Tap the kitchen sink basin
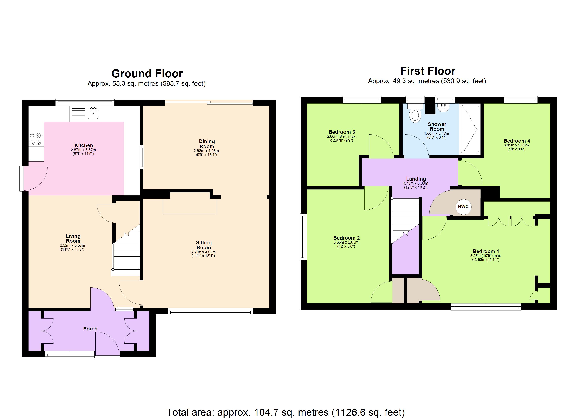pos(93,113)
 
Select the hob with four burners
pos(36,139)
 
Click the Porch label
pos(90,329)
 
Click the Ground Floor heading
pos(147,74)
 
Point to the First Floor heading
pos(428,71)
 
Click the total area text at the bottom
pos(286,412)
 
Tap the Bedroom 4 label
pos(517,141)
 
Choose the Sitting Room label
pos(204,245)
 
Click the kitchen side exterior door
pos(22,178)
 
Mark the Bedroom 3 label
pos(341,132)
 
